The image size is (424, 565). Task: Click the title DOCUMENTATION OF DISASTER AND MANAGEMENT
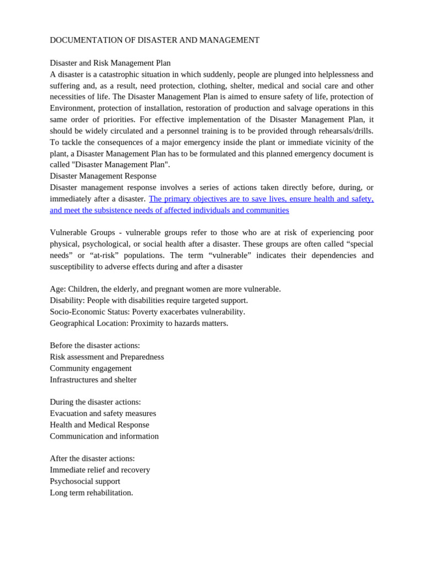(x=155, y=40)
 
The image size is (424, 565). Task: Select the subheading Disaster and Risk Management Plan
(x=110, y=63)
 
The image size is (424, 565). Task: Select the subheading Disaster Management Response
(x=103, y=176)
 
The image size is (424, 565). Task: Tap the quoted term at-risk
(x=105, y=255)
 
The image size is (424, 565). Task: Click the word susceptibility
(x=73, y=266)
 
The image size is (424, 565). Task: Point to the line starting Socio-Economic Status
(x=147, y=312)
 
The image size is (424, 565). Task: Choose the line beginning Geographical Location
(x=139, y=323)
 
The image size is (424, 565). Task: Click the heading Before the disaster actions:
(x=95, y=345)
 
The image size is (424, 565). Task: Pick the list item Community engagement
(x=91, y=368)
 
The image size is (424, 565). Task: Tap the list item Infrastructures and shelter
(x=93, y=380)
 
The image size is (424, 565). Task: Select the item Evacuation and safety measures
(x=103, y=413)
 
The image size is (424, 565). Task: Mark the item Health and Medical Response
(x=99, y=425)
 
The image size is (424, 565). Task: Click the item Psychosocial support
(x=85, y=481)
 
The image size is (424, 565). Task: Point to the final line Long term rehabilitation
(x=91, y=493)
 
